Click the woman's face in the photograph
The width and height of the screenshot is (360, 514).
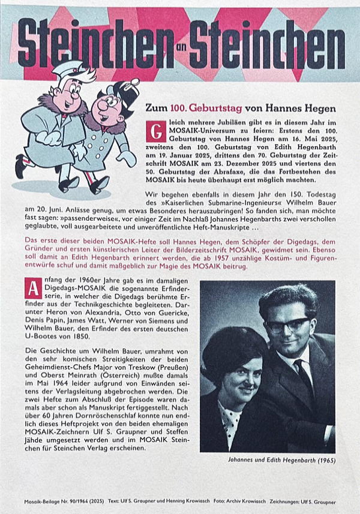238,372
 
